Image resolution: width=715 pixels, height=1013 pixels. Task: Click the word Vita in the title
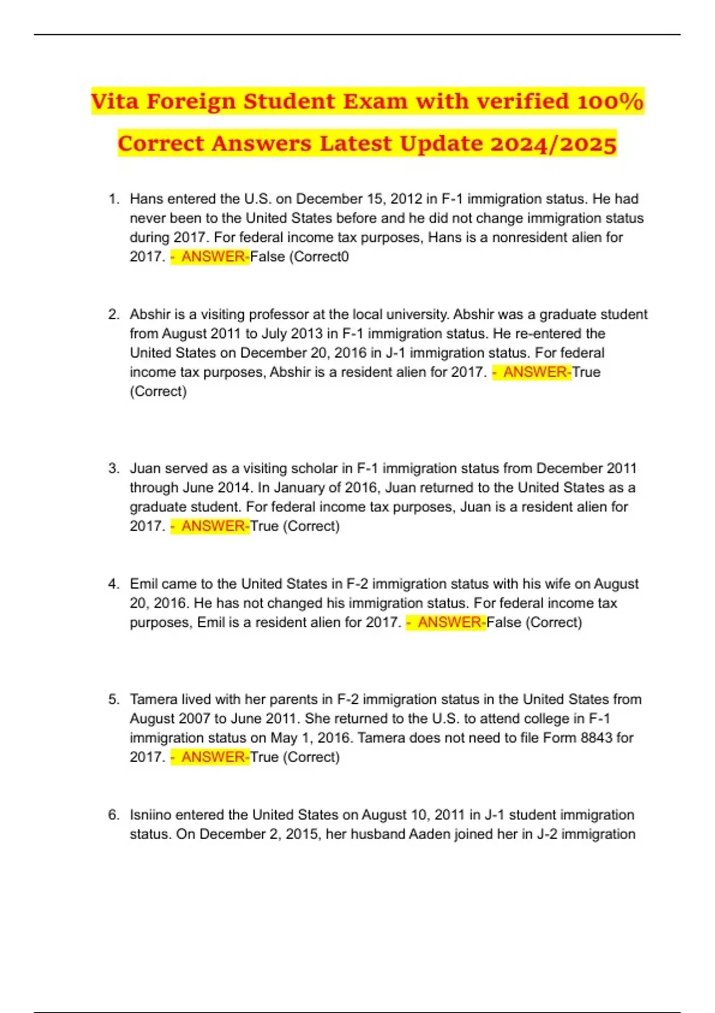pyautogui.click(x=115, y=101)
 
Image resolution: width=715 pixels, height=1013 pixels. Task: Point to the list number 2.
pyautogui.click(x=113, y=315)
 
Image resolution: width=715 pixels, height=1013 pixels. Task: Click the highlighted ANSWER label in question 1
pyautogui.click(x=213, y=257)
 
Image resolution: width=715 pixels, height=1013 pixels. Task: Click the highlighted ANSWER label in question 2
pyautogui.click(x=534, y=372)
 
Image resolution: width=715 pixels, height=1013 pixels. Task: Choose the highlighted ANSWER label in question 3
pyautogui.click(x=213, y=526)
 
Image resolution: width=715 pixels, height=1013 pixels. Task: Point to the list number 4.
pyautogui.click(x=113, y=584)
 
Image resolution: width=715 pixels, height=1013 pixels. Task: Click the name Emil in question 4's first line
pyautogui.click(x=144, y=584)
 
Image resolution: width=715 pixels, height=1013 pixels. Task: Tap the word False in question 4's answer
pyautogui.click(x=503, y=623)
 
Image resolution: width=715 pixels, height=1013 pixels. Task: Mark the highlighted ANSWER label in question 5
pyautogui.click(x=213, y=757)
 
